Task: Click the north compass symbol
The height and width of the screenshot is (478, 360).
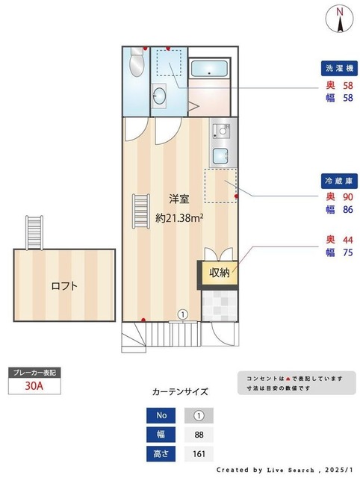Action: pyautogui.click(x=340, y=18)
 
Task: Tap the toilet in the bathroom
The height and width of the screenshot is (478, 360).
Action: pyautogui.click(x=135, y=64)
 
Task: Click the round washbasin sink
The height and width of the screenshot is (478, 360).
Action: pyautogui.click(x=160, y=96)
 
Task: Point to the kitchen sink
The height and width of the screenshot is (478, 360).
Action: pyautogui.click(x=221, y=156)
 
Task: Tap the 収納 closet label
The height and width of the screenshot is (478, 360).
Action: pyautogui.click(x=219, y=273)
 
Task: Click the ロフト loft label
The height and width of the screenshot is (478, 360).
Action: pyautogui.click(x=64, y=285)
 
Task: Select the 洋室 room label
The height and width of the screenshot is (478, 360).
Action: pyautogui.click(x=179, y=199)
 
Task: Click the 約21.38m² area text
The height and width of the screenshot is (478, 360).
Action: pyautogui.click(x=180, y=219)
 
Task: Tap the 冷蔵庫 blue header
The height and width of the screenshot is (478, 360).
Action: pyautogui.click(x=339, y=181)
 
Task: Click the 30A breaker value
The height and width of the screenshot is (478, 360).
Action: pyautogui.click(x=34, y=386)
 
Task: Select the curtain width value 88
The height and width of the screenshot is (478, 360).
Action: pyautogui.click(x=199, y=435)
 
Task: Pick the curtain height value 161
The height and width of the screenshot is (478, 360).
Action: pyautogui.click(x=199, y=453)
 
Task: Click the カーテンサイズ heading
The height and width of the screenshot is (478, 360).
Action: pyautogui.click(x=180, y=391)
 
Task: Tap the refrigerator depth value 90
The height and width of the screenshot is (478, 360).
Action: pyautogui.click(x=348, y=197)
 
